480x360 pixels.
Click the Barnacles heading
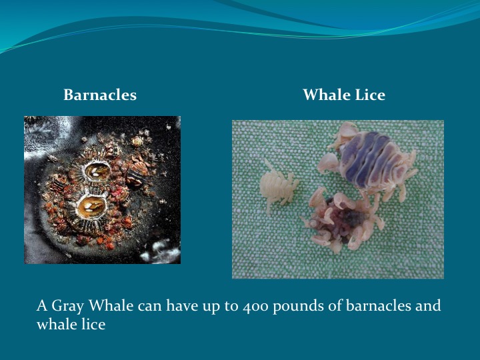coord(100,95)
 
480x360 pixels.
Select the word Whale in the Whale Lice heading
coord(325,95)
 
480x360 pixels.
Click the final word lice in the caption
coord(92,325)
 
